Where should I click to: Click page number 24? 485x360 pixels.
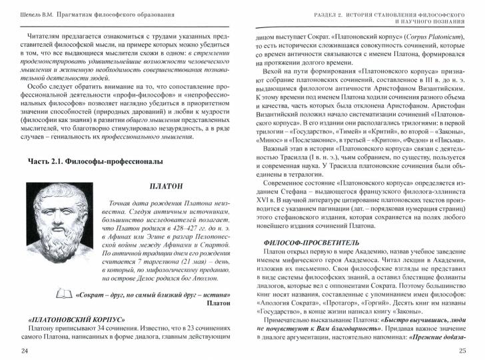click(25, 350)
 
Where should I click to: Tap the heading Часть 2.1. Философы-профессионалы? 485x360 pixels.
click(96, 162)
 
